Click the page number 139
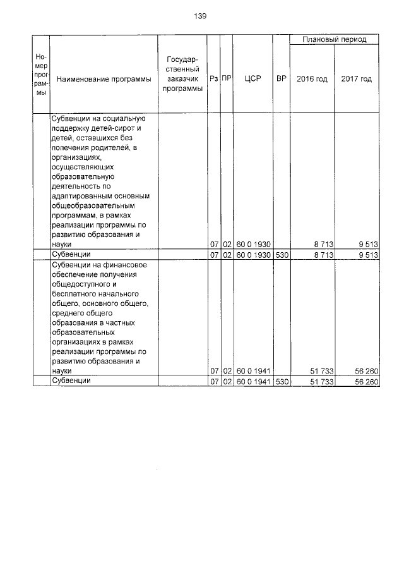pyautogui.click(x=201, y=16)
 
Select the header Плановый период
pyautogui.click(x=334, y=39)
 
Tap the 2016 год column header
pyautogui.click(x=312, y=79)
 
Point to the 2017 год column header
pyautogui.click(x=356, y=79)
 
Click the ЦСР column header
pyautogui.click(x=252, y=79)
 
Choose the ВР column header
pyautogui.click(x=281, y=79)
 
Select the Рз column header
pyautogui.click(x=214, y=79)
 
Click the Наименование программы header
pyautogui.click(x=100, y=79)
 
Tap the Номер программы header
pyautogui.click(x=41, y=75)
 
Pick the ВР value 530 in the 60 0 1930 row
pyautogui.click(x=281, y=254)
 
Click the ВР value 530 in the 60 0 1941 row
pyautogui.click(x=281, y=382)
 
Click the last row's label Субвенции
pyautogui.click(x=71, y=381)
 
